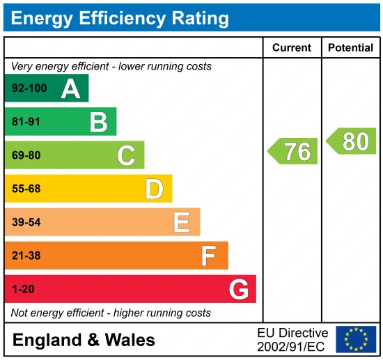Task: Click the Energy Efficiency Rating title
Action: [x=120, y=17]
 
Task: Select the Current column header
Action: [x=291, y=48]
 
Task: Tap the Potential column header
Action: [x=351, y=48]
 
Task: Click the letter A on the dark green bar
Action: [x=70, y=88]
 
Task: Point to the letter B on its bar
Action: [x=98, y=123]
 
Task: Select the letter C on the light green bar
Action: [x=126, y=155]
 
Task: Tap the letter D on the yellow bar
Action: [x=154, y=189]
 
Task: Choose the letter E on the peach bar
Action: [x=182, y=222]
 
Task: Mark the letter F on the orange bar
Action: [x=208, y=256]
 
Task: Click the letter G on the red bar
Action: [x=239, y=289]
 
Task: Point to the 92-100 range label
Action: [x=28, y=88]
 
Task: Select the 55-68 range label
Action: [x=26, y=189]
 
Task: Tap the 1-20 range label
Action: [x=23, y=289]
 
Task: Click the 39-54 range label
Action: [x=26, y=222]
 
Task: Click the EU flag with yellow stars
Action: [x=355, y=339]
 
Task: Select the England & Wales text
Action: [x=84, y=341]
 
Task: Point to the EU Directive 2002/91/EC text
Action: [x=292, y=339]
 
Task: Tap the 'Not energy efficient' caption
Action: [x=111, y=313]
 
